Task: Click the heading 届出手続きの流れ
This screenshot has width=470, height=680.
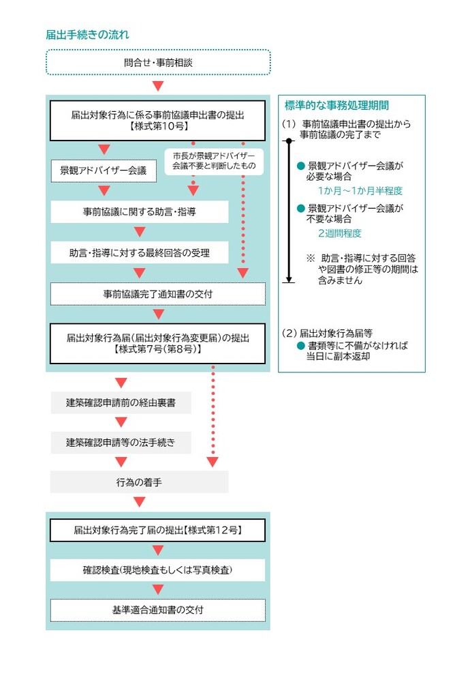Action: [x=87, y=35]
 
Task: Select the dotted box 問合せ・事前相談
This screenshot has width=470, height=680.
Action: [x=158, y=63]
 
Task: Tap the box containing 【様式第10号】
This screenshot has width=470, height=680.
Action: [x=157, y=121]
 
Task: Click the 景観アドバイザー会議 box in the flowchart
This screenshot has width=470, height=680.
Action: [x=104, y=171]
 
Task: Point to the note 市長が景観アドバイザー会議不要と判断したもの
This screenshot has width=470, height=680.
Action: [x=214, y=160]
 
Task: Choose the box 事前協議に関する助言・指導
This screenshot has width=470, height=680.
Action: [x=140, y=211]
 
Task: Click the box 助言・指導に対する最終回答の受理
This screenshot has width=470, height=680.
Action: [x=140, y=253]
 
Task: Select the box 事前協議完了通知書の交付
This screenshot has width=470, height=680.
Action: [x=157, y=294]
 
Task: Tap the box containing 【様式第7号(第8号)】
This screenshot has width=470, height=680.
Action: [x=157, y=344]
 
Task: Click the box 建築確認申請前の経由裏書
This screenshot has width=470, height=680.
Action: [x=121, y=402]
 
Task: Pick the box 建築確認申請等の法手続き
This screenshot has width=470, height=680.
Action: [x=121, y=443]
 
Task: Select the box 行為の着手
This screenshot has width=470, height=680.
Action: [x=139, y=482]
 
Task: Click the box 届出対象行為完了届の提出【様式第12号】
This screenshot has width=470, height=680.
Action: [x=157, y=530]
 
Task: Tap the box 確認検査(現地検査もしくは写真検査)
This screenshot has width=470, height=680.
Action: [x=157, y=570]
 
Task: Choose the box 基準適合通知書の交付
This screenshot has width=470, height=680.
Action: [x=157, y=610]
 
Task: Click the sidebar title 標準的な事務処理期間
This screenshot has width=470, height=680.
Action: [x=336, y=106]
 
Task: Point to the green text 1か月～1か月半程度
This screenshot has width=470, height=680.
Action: [x=360, y=191]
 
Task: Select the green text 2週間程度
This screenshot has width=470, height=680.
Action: [x=340, y=233]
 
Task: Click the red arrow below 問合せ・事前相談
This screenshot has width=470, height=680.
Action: [x=158, y=86]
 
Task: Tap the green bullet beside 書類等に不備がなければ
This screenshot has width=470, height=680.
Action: [x=301, y=346]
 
